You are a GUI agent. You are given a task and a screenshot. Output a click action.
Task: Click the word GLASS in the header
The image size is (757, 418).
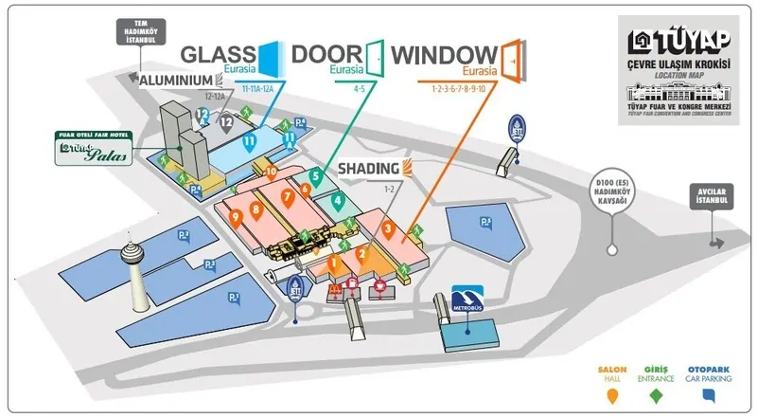[217, 54]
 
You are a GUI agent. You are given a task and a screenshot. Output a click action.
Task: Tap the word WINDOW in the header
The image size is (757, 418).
[444, 54]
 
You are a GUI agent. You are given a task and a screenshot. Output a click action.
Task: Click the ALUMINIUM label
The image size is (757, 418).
[179, 81]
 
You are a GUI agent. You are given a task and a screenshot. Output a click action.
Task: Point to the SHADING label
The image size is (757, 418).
[369, 171]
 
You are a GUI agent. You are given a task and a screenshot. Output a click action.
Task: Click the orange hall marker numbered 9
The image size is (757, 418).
[235, 216]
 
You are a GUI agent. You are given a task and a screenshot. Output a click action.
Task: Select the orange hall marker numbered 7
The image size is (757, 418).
[285, 196]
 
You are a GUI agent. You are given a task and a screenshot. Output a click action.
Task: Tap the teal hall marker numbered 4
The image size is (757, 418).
[337, 200]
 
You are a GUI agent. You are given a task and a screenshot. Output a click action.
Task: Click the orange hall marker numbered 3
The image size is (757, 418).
[388, 228]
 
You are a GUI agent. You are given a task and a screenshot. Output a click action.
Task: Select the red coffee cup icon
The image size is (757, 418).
[382, 284]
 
